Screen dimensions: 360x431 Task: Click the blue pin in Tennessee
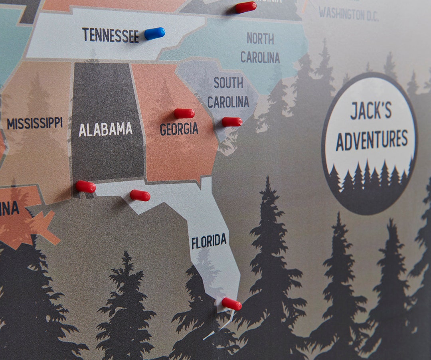point(155,34)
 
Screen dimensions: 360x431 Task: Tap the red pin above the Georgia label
point(184,113)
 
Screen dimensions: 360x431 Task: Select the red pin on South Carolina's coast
point(232,122)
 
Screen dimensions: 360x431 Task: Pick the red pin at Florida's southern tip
point(231,304)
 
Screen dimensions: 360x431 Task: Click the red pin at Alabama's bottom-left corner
point(86,186)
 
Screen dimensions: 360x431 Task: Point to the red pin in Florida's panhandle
point(140,195)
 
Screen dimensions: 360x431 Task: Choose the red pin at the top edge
point(246,7)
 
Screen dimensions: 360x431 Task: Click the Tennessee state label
point(111,35)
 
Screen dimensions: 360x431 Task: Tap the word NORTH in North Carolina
point(260,39)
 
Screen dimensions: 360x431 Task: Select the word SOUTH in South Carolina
point(228,83)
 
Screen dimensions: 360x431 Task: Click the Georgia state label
point(179,129)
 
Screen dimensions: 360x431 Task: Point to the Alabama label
point(105,129)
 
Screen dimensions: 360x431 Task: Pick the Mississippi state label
point(35,123)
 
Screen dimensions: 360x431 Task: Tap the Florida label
point(209,241)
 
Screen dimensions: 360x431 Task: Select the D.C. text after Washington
point(370,16)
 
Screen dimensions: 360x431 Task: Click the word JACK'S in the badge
point(371,111)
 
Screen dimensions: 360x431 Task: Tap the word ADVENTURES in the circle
point(372,139)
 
